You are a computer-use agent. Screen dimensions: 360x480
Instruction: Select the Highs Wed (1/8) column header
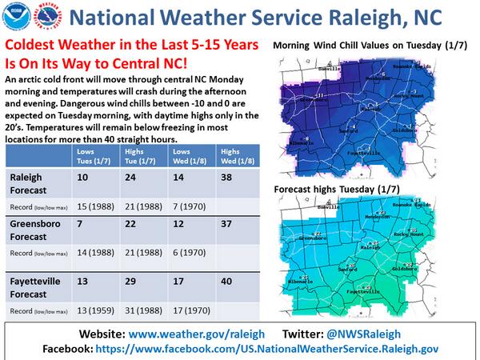[231, 155]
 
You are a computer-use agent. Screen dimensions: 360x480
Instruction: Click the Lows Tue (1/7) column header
[94, 155]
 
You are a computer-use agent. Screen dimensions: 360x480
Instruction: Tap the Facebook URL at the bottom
[274, 349]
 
